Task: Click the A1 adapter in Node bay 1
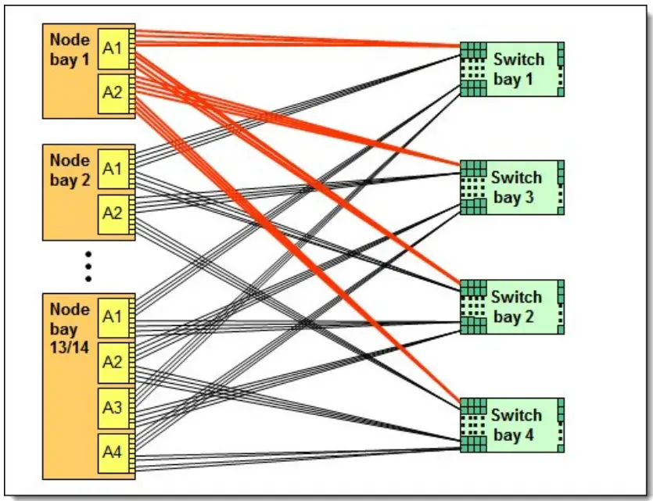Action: [x=113, y=48]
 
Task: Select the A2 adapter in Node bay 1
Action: [x=113, y=92]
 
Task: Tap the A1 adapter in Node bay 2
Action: [x=113, y=169]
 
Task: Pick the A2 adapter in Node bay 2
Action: [x=113, y=213]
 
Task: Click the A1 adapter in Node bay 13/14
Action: [x=113, y=317]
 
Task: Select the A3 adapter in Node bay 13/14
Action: [x=113, y=406]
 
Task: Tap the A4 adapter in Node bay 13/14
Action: [x=113, y=450]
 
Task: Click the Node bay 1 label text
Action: [x=70, y=48]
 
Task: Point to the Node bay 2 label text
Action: [x=70, y=170]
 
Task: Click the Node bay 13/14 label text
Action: [x=70, y=327]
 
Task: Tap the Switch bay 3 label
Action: [x=516, y=188]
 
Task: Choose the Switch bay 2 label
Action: [x=516, y=306]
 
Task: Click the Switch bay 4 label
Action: [x=516, y=424]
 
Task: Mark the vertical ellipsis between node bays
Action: [x=88, y=266]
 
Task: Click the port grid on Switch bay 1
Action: [x=473, y=69]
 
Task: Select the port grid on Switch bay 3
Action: [x=473, y=188]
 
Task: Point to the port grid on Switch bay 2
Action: [x=473, y=306]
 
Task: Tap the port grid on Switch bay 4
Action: [x=473, y=424]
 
